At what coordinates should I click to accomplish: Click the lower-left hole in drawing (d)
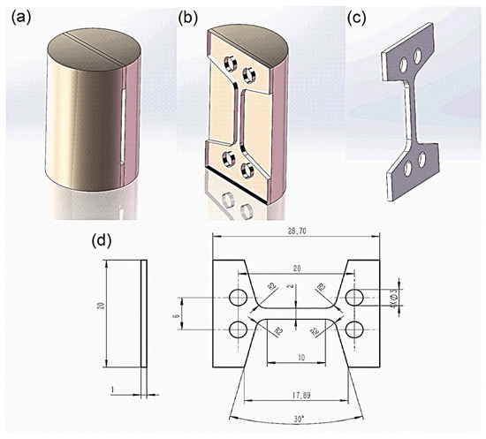pos(238,329)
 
